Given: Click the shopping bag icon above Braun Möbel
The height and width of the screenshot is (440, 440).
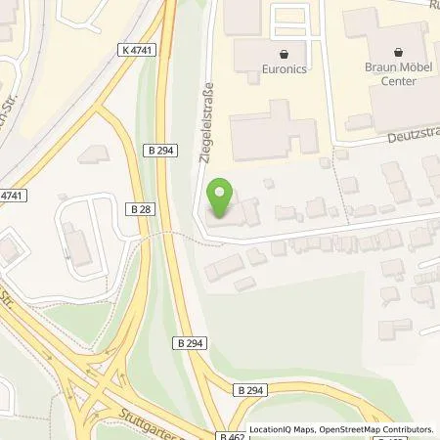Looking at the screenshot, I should click(399, 51).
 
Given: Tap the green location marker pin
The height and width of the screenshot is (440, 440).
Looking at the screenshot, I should click(222, 198).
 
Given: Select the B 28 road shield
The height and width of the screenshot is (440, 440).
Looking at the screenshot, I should click(137, 207).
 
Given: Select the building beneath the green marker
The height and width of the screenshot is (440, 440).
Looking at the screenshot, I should click(230, 217).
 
